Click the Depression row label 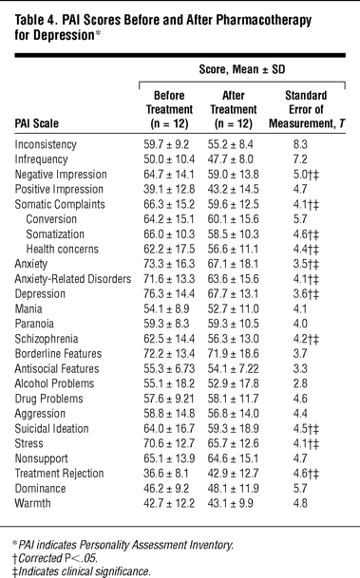click(40, 294)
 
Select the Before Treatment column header click(169, 109)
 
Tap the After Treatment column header click(234, 109)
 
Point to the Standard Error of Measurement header click(307, 109)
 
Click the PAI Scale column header click(36, 123)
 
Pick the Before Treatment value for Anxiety click(169, 264)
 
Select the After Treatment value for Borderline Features click(233, 353)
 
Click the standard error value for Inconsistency click(300, 144)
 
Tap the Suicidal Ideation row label click(51, 428)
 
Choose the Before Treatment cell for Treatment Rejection click(166, 474)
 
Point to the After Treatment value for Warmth click(231, 503)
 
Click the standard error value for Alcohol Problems click(300, 383)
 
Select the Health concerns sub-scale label click(63, 250)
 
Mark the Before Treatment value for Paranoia click(166, 324)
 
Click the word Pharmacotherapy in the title click(263, 20)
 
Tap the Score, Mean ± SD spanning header click(242, 69)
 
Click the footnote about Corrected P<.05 click(55, 558)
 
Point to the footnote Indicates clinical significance click(81, 571)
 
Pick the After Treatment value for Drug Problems click(233, 399)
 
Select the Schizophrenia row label click(47, 339)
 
